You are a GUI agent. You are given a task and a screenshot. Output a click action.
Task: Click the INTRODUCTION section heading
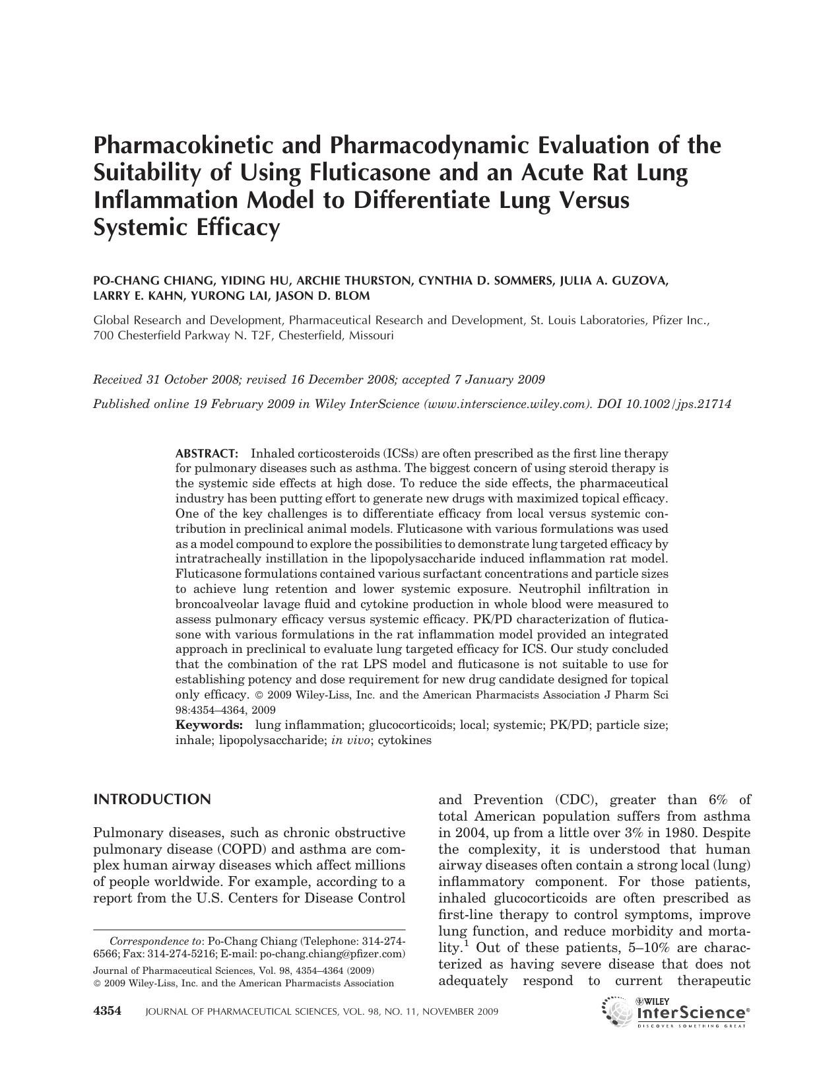tap(152, 800)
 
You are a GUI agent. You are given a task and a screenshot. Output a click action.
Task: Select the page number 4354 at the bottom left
tap(108, 1011)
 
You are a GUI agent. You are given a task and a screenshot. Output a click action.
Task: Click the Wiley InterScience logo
tap(676, 1011)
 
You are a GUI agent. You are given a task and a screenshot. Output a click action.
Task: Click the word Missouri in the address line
tap(372, 335)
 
